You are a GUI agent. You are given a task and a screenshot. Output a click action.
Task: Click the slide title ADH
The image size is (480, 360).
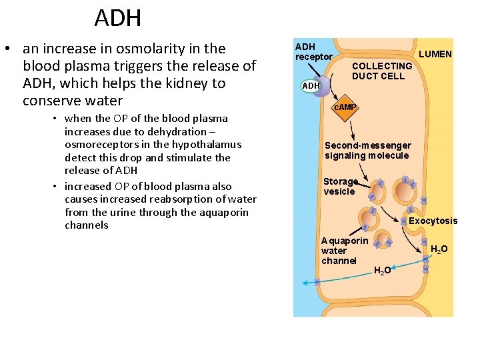coord(117,18)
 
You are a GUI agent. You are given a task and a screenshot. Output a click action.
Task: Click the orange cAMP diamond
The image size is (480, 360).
coord(345,107)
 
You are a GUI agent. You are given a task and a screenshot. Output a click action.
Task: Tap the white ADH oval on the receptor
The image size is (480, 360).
coord(311,86)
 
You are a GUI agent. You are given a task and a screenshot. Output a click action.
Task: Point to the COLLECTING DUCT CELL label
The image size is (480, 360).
coord(381,71)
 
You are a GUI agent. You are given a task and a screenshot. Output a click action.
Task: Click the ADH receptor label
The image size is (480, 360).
coord(313,52)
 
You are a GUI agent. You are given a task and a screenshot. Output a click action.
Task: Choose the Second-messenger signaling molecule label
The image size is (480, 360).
coord(367,151)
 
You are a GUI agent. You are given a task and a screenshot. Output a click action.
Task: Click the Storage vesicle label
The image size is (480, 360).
coord(340,187)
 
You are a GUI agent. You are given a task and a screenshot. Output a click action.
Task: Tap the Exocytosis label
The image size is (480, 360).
coord(433,221)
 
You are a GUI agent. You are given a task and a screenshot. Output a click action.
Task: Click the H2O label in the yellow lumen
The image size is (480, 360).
coord(439,249)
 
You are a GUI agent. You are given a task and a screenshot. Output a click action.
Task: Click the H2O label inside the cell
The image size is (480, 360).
coord(382,270)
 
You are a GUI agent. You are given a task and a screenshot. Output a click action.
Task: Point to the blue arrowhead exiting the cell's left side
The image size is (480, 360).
coord(305,283)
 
